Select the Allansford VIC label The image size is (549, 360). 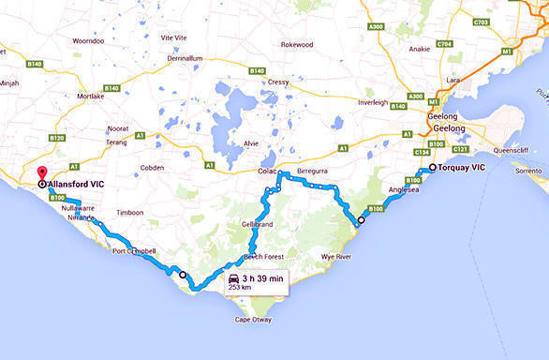click(x=81, y=184)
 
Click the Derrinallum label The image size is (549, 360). click(x=185, y=58)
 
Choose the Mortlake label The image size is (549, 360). click(x=91, y=96)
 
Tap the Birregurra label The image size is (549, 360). click(x=315, y=172)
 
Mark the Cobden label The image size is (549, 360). click(x=153, y=167)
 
